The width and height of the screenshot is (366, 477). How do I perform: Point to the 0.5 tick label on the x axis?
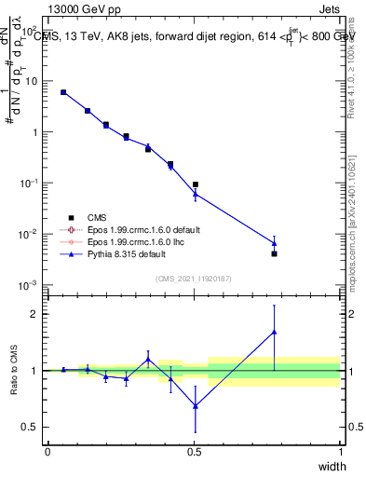(194, 451)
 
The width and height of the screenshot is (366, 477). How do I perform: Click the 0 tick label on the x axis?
(47, 451)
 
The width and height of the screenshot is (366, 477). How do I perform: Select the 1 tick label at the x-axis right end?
(340, 451)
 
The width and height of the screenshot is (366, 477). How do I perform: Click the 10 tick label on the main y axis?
(31, 81)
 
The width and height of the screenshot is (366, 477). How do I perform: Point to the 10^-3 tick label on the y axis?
(28, 284)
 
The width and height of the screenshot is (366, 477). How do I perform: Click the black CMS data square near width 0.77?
(274, 253)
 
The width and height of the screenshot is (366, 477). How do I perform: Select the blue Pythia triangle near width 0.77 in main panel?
(274, 242)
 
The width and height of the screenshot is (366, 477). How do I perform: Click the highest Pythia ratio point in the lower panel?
(274, 332)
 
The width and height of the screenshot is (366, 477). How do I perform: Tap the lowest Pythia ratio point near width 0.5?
(195, 406)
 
